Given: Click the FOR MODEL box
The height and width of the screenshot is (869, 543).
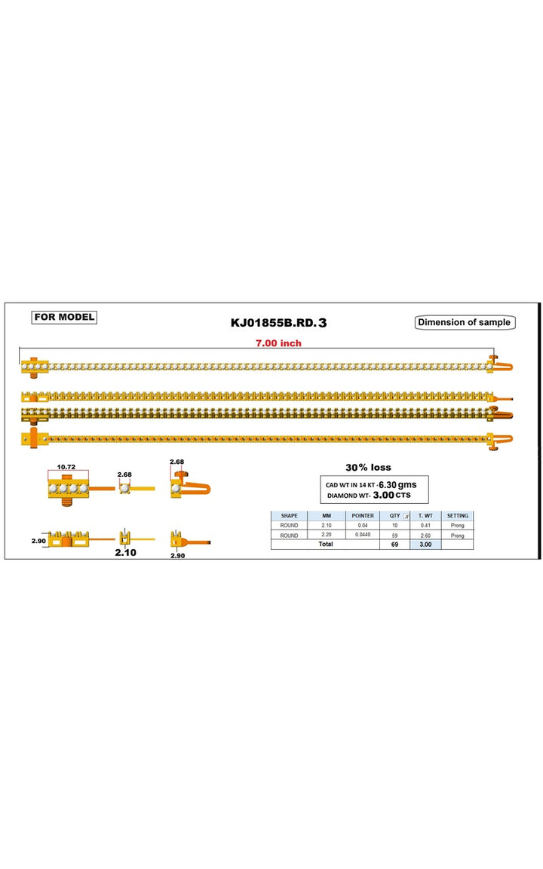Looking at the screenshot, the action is [64, 317].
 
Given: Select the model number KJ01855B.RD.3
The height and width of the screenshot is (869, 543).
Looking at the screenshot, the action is [279, 323].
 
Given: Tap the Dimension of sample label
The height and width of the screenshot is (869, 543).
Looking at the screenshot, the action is [465, 323].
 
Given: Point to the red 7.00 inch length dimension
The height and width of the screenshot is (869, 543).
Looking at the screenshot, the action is [279, 343].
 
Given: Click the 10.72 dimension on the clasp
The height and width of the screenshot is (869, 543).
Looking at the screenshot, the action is [66, 467].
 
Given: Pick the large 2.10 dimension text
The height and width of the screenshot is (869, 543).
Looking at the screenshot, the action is [126, 552].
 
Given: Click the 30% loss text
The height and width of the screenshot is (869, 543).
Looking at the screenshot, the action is [369, 467].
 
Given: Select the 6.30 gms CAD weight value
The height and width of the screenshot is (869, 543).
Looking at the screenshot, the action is [397, 484].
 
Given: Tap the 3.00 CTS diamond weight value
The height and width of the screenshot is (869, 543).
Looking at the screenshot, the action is [391, 495].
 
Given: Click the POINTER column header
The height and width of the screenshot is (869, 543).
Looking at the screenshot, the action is [363, 515].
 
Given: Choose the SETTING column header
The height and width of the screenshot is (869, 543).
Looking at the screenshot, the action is [458, 515].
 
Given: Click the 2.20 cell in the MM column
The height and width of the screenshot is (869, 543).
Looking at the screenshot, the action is [327, 535].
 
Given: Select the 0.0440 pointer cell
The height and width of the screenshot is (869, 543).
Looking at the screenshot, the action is [363, 535].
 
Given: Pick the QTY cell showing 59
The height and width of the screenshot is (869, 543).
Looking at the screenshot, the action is [394, 536].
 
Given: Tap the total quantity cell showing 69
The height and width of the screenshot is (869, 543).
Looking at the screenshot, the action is [394, 545].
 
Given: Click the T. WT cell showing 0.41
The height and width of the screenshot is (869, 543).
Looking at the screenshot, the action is [425, 525].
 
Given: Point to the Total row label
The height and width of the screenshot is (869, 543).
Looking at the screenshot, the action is [326, 544].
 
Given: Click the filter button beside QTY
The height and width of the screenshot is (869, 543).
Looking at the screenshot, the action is [406, 516].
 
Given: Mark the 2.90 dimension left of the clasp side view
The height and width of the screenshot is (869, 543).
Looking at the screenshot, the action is [38, 541].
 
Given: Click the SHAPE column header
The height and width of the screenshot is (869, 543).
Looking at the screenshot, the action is [290, 515].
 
